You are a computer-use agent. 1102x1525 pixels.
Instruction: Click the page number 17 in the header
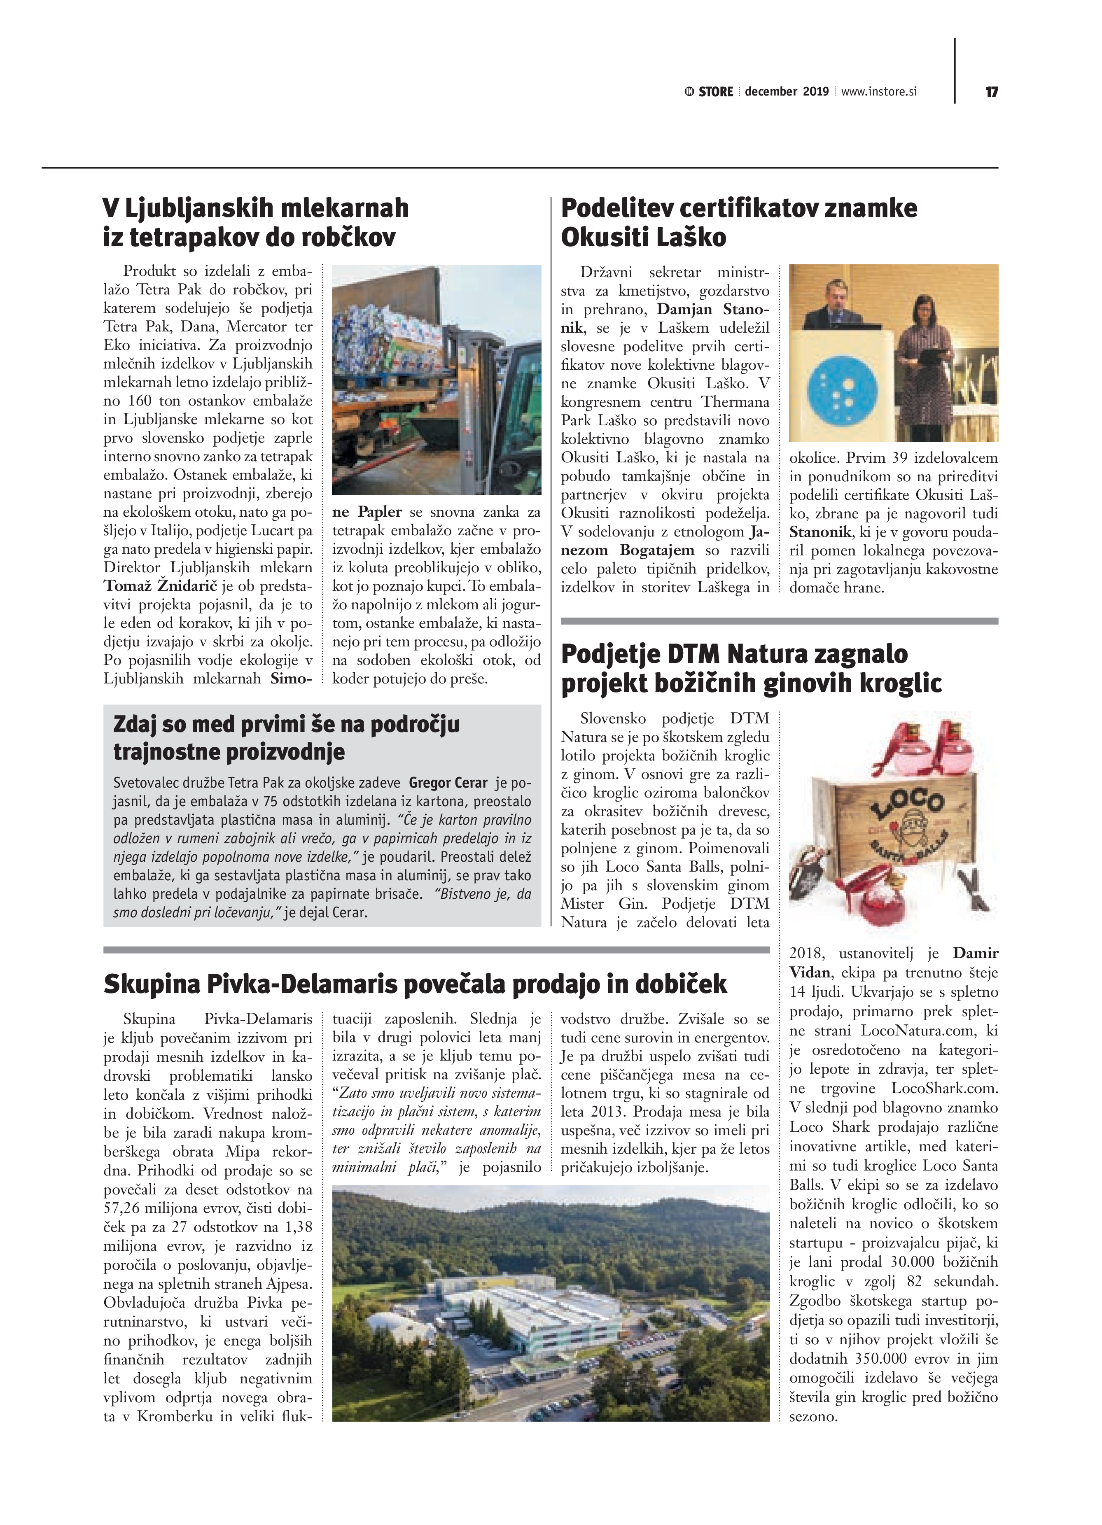(x=991, y=92)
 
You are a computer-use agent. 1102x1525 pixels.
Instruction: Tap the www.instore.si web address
(x=879, y=91)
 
